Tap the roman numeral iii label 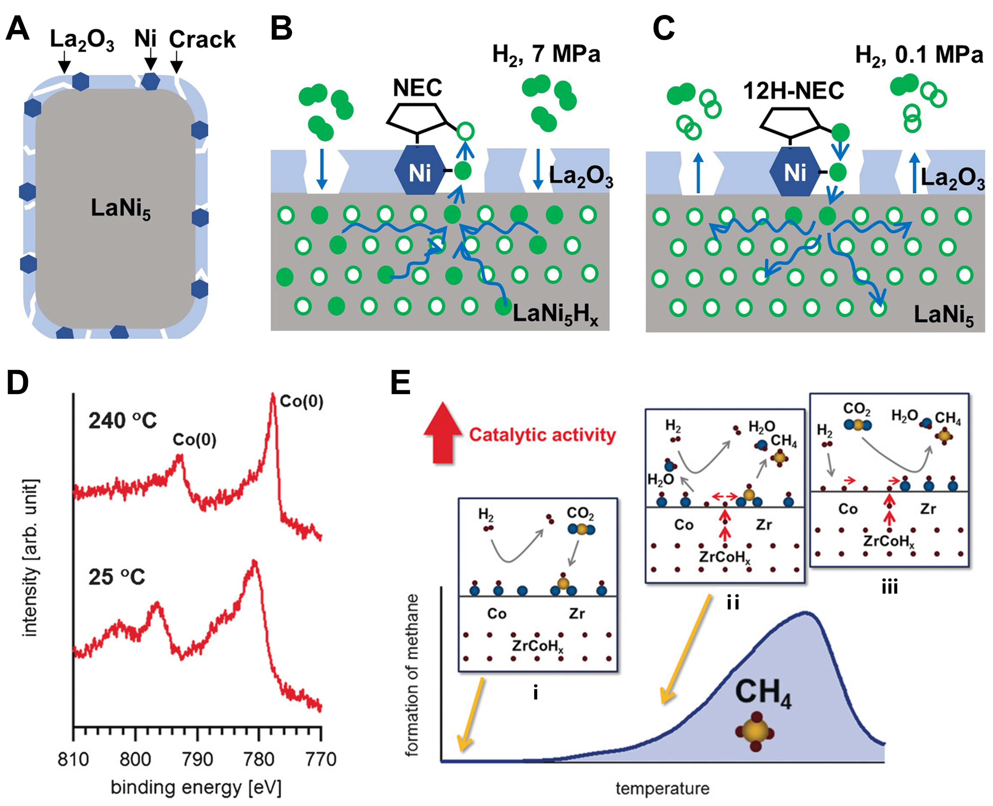coord(889,587)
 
